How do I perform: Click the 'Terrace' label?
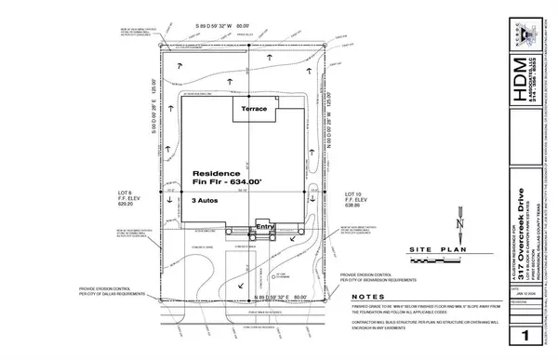[255, 110]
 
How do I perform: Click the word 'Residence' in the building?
[216, 173]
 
